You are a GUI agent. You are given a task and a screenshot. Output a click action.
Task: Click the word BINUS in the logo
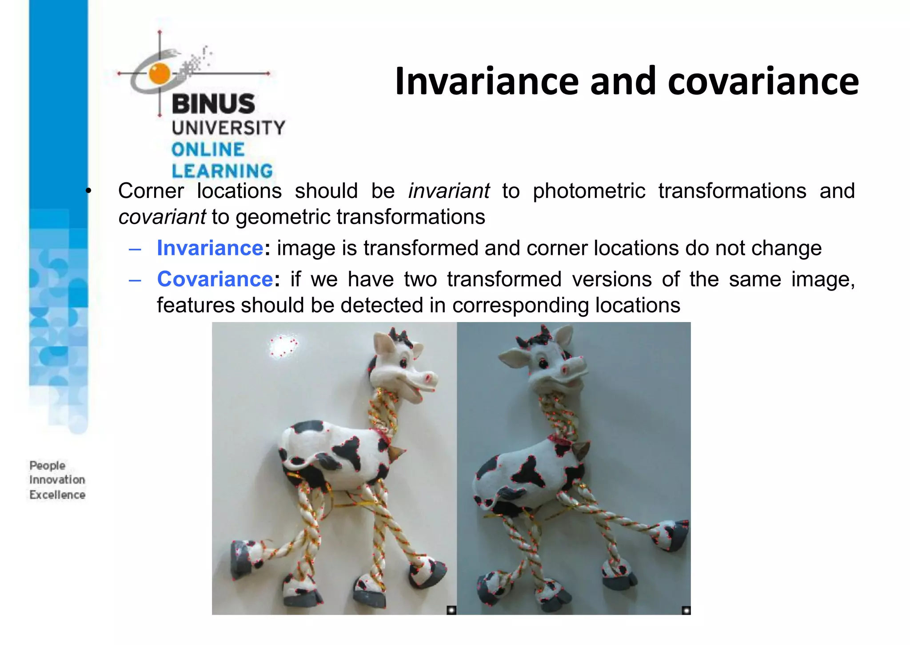tap(213, 104)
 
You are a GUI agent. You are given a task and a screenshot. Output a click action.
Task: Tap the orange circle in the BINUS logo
tap(160, 73)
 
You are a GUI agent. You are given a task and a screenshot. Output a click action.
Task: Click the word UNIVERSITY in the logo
tap(228, 128)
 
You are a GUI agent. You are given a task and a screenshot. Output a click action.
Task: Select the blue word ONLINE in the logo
tap(208, 150)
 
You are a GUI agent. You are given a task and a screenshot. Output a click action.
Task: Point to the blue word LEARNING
tap(222, 171)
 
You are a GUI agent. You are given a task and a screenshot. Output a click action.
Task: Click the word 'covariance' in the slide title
tap(763, 81)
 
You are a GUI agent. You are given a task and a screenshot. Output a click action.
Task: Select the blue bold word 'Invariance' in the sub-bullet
tap(210, 248)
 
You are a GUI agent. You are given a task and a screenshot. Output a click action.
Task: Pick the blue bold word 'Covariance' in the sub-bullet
tap(215, 279)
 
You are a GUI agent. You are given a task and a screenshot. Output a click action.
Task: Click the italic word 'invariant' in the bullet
tap(449, 191)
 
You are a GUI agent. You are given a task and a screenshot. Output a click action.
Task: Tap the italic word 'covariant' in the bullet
tap(162, 218)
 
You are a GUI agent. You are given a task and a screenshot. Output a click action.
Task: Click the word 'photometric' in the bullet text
tap(589, 191)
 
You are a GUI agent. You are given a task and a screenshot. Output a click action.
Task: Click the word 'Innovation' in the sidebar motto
tap(57, 480)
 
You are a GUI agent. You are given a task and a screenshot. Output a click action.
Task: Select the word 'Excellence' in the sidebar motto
tap(57, 495)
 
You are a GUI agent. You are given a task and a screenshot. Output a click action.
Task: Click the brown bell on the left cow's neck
tap(396, 452)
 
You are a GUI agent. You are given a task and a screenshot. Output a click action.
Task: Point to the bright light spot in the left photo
tap(283, 346)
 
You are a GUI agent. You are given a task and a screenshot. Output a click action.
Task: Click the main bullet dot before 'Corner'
tap(88, 191)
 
